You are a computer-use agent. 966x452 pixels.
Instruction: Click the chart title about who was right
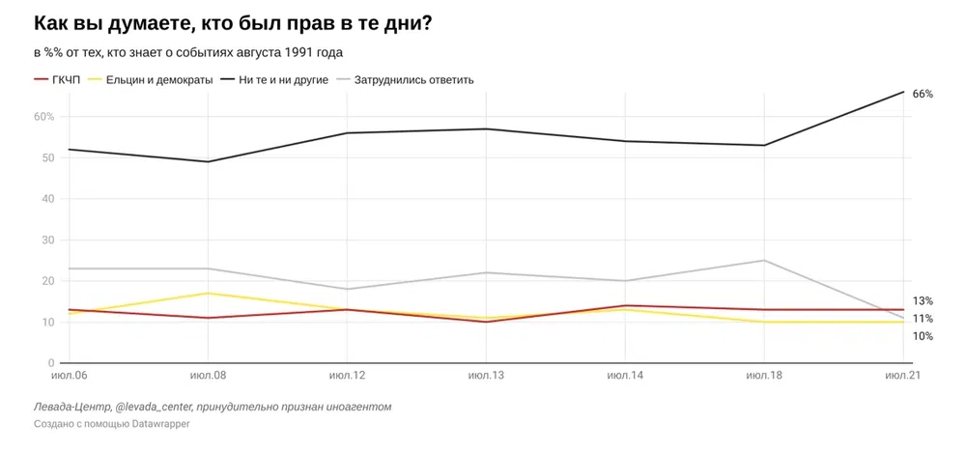232,23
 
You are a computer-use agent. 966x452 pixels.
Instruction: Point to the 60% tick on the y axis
44,117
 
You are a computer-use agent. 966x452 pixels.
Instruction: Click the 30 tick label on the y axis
48,240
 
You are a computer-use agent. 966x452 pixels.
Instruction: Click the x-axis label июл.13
486,374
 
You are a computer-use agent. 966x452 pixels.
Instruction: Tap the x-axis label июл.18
764,374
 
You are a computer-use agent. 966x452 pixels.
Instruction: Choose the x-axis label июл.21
902,374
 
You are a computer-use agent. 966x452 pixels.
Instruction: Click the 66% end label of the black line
923,94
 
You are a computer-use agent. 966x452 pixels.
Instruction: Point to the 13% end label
923,301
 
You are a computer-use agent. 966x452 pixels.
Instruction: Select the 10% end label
923,336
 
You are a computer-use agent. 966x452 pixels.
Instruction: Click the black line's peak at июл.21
903,92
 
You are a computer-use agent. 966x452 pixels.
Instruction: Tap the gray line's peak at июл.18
764,260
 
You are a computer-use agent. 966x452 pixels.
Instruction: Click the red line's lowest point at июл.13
486,322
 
